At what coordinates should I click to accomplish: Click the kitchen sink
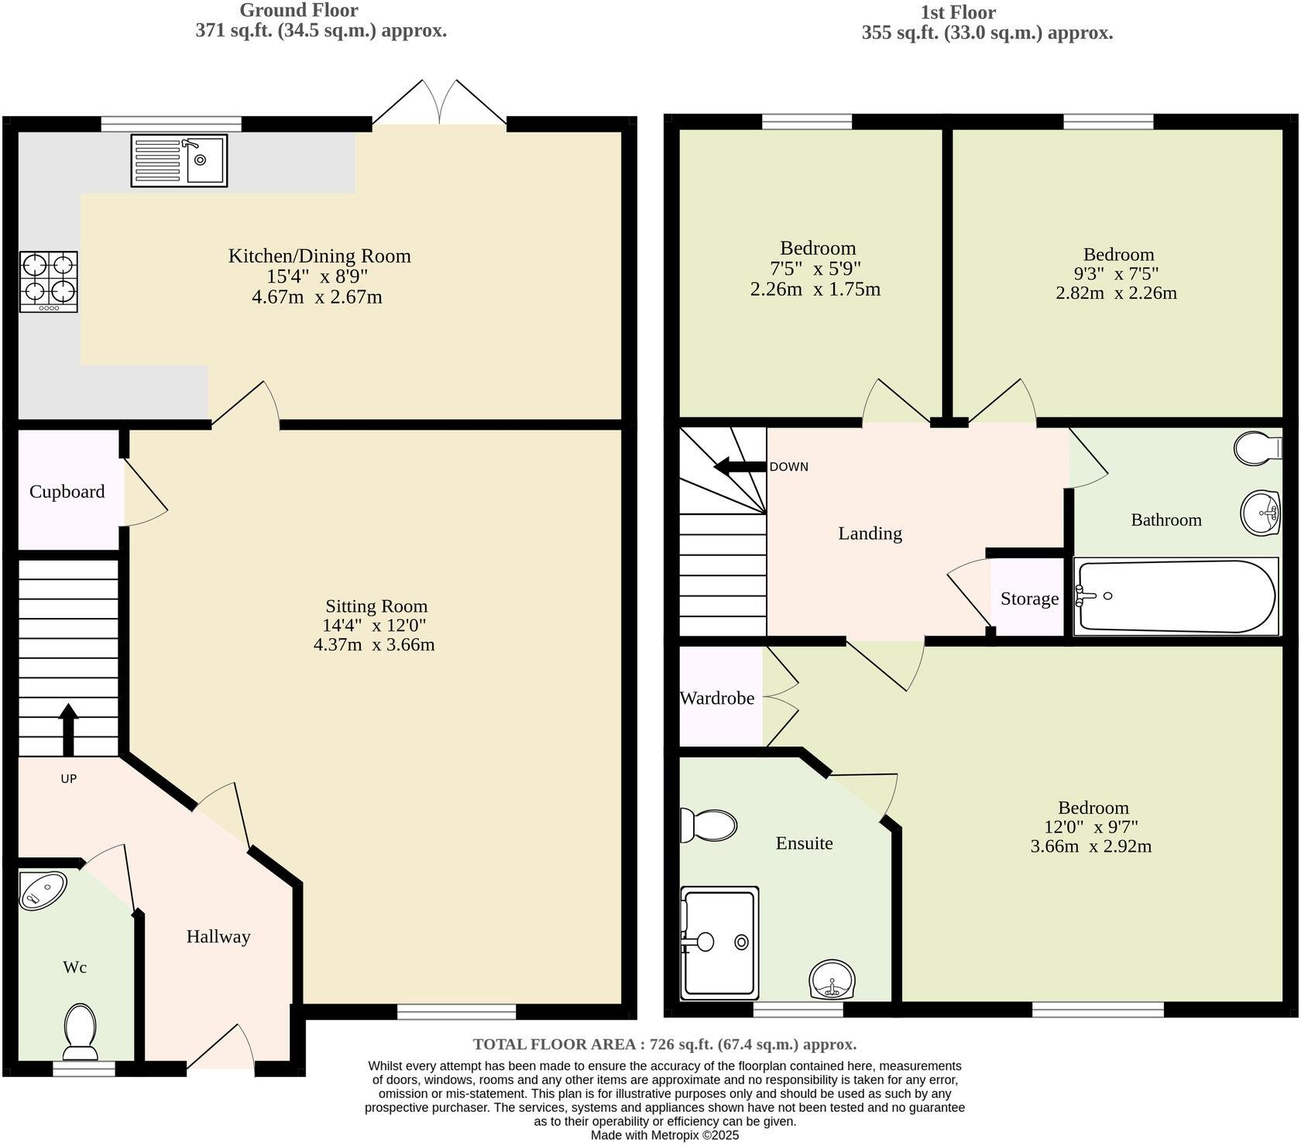[x=179, y=160]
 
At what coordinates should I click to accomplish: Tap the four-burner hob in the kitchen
[x=48, y=282]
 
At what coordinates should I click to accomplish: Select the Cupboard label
[x=67, y=492]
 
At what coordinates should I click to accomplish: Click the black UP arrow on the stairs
[x=68, y=728]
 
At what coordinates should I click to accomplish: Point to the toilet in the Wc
[x=80, y=1031]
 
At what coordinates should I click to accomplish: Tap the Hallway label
[x=218, y=937]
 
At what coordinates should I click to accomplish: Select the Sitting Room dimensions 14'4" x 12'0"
[x=375, y=626]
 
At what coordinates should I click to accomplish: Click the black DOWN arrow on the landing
[x=739, y=466]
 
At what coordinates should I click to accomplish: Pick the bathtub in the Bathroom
[x=1175, y=596]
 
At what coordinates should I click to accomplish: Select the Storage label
[x=1029, y=599]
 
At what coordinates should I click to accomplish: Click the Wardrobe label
[x=717, y=698]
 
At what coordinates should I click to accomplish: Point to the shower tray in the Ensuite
[x=719, y=942]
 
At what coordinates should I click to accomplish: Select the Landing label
[x=870, y=534]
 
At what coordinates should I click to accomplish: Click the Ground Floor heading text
[x=298, y=11]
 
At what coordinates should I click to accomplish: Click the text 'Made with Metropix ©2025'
[x=664, y=1135]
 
